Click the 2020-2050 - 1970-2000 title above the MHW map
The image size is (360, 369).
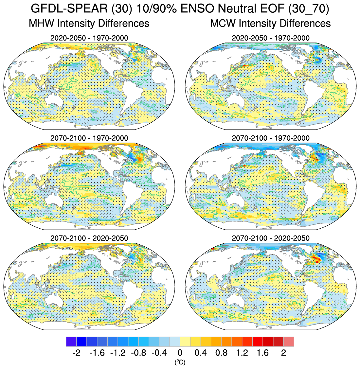click(89, 38)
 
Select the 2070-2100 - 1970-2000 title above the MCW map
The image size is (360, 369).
click(271, 138)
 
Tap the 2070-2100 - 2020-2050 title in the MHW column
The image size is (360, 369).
click(89, 238)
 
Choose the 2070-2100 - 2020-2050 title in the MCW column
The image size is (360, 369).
click(271, 238)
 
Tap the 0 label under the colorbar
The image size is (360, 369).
click(180, 353)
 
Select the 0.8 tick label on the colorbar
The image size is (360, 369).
click(221, 353)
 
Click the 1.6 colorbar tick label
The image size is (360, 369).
click(263, 353)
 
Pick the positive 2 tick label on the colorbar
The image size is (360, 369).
click(283, 353)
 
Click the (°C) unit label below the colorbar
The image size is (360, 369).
click(180, 362)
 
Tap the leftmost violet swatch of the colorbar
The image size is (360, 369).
click(71, 342)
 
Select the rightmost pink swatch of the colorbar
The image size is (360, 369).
click(289, 342)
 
